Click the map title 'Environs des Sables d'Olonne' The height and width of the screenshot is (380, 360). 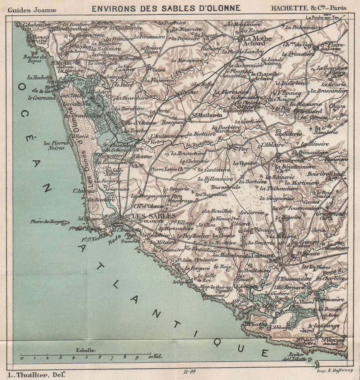point(166,8)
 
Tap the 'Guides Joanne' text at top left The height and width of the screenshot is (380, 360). point(32,10)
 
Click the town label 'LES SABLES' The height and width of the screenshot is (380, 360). point(154,216)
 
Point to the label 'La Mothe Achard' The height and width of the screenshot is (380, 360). point(254,41)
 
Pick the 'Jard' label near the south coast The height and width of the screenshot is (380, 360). point(307,330)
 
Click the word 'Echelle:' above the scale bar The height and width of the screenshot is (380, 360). point(85,350)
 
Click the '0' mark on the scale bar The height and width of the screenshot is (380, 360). point(22,358)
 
